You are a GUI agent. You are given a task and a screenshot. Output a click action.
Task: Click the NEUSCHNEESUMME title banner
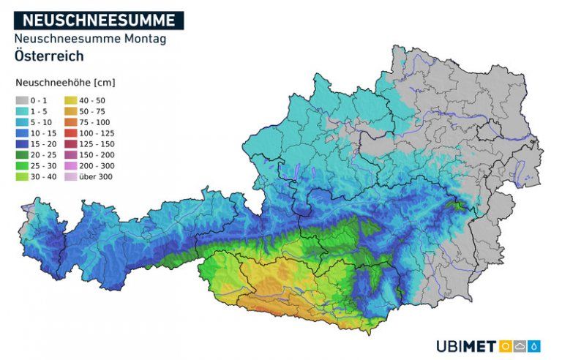point(99,20)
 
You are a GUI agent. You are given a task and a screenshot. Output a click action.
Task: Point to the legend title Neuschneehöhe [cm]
point(66,83)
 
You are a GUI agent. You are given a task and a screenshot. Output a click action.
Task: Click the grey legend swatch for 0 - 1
point(22,100)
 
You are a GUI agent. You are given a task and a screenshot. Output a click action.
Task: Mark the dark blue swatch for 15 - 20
point(22,144)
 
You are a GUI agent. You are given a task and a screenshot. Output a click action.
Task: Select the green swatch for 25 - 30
point(22,166)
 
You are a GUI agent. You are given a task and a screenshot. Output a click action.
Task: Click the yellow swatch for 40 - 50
point(70,100)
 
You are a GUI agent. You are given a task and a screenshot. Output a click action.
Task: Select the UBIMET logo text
point(466,346)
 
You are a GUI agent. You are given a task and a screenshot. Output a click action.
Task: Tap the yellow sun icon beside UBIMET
point(505,346)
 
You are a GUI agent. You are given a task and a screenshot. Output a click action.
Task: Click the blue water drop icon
point(535,346)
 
